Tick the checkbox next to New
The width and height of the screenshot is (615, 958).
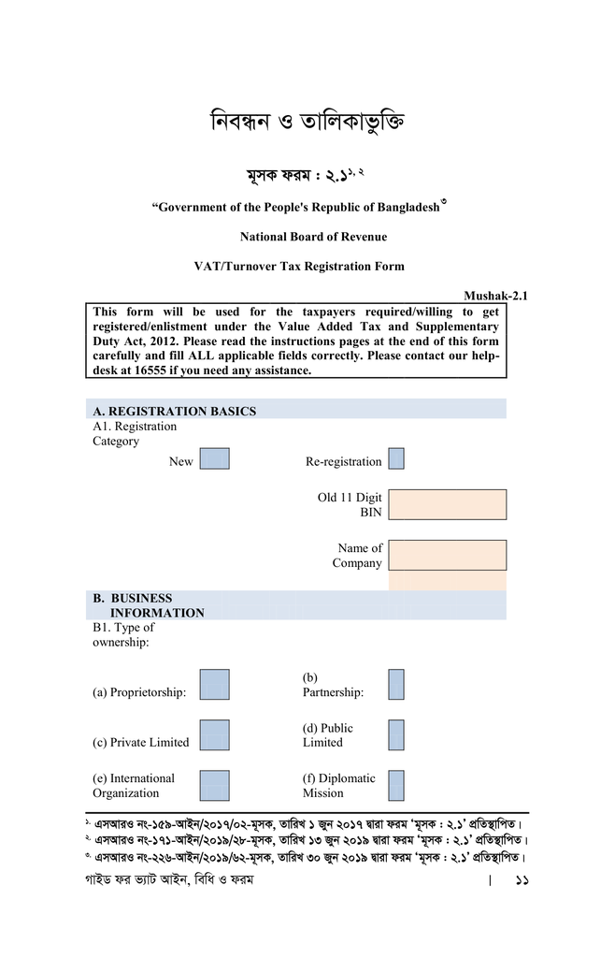click(x=214, y=458)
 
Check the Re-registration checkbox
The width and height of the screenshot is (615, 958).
click(x=396, y=458)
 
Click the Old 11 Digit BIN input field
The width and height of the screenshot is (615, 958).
click(x=448, y=504)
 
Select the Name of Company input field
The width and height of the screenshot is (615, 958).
click(x=448, y=555)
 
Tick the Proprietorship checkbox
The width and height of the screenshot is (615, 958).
click(x=214, y=685)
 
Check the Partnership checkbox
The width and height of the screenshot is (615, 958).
click(x=396, y=685)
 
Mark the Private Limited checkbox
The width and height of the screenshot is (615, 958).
click(x=214, y=735)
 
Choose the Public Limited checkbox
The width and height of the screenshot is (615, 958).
click(x=396, y=735)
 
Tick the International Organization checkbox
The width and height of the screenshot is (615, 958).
click(x=214, y=786)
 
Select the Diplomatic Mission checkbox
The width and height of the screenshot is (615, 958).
click(x=396, y=786)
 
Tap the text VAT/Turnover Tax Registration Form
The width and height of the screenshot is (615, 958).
click(x=299, y=266)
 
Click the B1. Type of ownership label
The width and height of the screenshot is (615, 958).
click(x=123, y=634)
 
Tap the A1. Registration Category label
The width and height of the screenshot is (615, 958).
click(x=134, y=433)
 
